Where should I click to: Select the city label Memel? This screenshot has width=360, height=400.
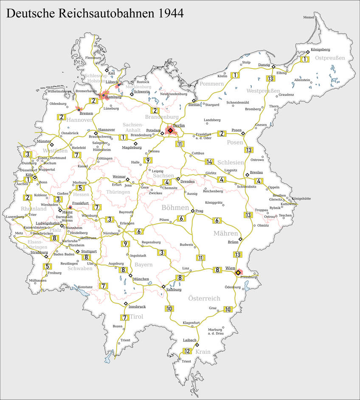coord(309,17)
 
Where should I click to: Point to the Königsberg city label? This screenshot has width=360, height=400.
coord(320,50)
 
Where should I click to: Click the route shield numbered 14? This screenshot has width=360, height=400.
coord(209,161)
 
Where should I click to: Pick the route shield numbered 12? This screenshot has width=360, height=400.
coord(187,351)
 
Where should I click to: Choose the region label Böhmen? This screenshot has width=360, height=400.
coord(174,208)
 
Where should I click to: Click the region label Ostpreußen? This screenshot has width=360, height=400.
coord(330,58)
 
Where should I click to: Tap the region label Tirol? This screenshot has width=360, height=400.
coord(136,317)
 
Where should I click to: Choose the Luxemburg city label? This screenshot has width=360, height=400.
coord(14,217)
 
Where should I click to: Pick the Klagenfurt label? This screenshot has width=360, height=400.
coord(191,323)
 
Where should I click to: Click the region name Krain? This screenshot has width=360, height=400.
coord(203,352)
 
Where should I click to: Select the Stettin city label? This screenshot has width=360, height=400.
coord(194,104)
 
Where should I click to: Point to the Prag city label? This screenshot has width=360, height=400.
coord(200,211)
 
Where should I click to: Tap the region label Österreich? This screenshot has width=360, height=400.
coord(204,299)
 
